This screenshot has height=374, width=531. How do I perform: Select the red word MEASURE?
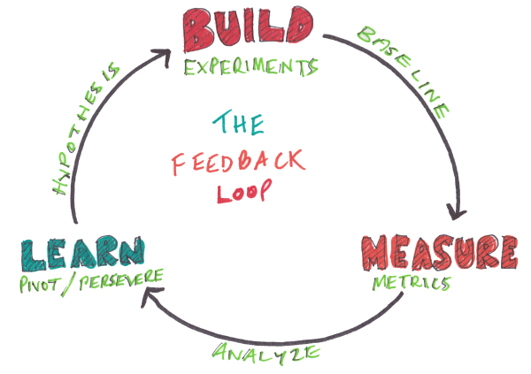(x=437, y=254)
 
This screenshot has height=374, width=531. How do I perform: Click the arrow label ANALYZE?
(x=265, y=353)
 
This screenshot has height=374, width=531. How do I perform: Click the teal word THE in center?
(x=240, y=124)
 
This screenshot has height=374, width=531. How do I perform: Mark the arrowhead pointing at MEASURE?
(x=456, y=213)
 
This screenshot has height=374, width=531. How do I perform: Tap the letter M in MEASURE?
(x=378, y=254)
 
